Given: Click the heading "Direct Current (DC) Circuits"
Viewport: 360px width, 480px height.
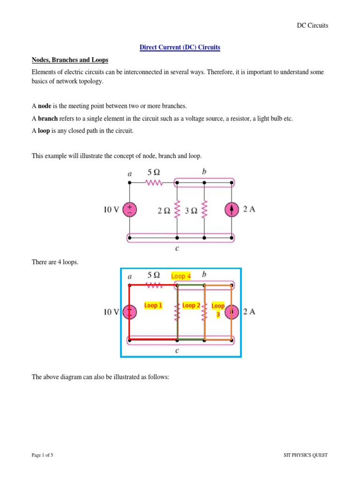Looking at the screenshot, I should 180,47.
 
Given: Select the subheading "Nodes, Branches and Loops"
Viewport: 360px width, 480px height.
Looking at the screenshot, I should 70,60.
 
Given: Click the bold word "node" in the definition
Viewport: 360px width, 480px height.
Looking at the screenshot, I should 45,106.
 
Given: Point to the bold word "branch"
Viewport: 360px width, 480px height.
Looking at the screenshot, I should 47,119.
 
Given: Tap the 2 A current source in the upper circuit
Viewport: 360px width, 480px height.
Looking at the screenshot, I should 232,210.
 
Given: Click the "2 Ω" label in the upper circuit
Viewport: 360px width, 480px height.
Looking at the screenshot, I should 164,210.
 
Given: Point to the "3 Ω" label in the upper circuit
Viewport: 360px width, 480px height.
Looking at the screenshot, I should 191,210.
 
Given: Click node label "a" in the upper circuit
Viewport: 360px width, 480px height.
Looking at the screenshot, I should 130,173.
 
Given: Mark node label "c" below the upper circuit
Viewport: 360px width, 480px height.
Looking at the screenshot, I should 177,248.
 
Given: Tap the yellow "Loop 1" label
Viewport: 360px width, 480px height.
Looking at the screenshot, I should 153,306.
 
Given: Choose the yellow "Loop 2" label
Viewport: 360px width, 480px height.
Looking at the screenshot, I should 191,306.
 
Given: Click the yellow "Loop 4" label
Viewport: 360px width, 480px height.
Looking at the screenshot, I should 181,276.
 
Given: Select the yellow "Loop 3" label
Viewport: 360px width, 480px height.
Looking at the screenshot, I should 218,310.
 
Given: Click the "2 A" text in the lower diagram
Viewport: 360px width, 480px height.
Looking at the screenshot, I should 249,311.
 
